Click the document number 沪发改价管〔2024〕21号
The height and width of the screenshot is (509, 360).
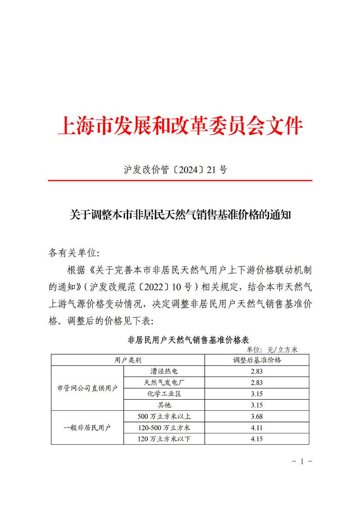pos(176,170)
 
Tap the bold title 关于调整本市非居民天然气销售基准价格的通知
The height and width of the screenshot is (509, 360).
pos(180,215)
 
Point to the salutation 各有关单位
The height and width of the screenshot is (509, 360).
pos(74,253)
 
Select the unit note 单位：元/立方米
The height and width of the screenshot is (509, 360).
pos(272,350)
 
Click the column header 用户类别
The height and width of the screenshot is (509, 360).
pos(128,360)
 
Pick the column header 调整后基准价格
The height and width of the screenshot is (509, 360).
pos(257,360)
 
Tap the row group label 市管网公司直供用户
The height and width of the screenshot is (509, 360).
pos(88,388)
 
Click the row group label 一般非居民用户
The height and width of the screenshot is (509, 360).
pos(88,428)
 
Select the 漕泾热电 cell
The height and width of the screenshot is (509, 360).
pos(164,371)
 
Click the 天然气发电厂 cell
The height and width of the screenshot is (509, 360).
pos(164,383)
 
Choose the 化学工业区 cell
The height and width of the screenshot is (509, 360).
pos(164,394)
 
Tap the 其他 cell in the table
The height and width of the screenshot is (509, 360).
pos(164,405)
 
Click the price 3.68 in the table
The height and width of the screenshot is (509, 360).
pos(257,416)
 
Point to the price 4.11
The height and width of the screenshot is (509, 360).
pos(257,428)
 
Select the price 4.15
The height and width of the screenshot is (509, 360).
pos(257,439)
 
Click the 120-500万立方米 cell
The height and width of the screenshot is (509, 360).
pos(164,428)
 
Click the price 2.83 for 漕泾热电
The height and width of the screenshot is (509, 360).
pos(257,371)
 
